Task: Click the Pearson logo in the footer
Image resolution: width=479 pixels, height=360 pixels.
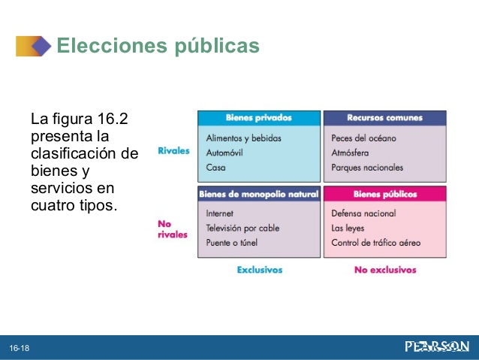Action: click(x=437, y=347)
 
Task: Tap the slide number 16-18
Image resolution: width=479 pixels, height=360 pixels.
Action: click(x=20, y=348)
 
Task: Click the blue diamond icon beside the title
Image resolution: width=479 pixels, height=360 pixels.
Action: click(x=41, y=46)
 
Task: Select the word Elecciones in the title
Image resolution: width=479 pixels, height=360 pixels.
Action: click(x=112, y=45)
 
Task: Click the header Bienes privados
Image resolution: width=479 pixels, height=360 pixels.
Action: click(x=259, y=118)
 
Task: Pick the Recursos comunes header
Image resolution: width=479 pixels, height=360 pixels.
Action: click(x=384, y=118)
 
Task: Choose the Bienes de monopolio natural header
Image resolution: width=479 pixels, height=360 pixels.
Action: click(x=258, y=194)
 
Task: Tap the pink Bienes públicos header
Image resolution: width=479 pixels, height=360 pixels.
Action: click(x=385, y=194)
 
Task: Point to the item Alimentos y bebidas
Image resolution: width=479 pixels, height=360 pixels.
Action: click(x=243, y=138)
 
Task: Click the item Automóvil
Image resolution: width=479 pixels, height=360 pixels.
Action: click(x=224, y=153)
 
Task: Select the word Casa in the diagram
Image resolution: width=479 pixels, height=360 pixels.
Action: click(x=215, y=168)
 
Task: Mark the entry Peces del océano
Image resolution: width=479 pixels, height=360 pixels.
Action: click(x=363, y=138)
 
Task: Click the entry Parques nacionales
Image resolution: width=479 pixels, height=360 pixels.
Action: click(x=367, y=168)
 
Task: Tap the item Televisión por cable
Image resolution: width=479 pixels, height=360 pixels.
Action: click(x=243, y=228)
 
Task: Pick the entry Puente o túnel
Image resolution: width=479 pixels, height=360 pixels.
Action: click(x=231, y=243)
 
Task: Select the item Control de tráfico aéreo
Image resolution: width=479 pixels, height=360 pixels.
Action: click(x=375, y=243)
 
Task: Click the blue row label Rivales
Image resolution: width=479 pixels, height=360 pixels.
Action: click(x=173, y=151)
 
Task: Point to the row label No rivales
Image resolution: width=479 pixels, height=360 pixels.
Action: click(x=173, y=229)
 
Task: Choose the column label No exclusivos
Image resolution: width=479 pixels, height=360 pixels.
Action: click(x=385, y=270)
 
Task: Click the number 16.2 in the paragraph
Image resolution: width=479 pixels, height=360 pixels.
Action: click(x=112, y=119)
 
